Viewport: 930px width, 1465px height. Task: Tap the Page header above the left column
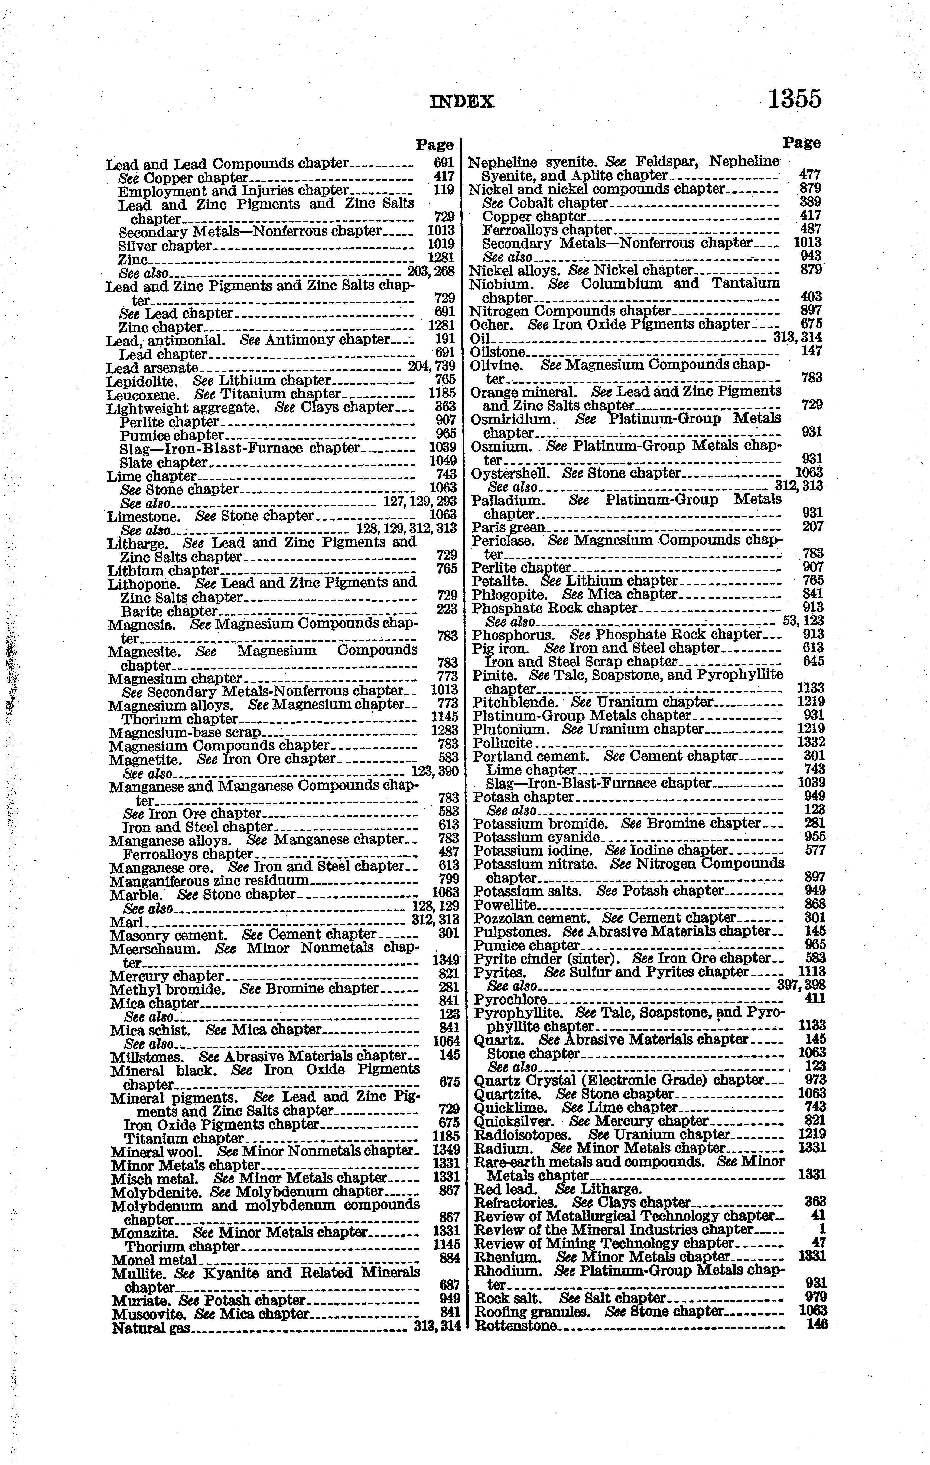pyautogui.click(x=435, y=145)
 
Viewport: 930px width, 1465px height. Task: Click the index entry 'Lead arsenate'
pyautogui.click(x=152, y=368)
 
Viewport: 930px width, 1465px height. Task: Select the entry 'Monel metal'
pyautogui.click(x=154, y=1260)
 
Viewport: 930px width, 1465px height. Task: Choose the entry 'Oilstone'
pyautogui.click(x=498, y=352)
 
